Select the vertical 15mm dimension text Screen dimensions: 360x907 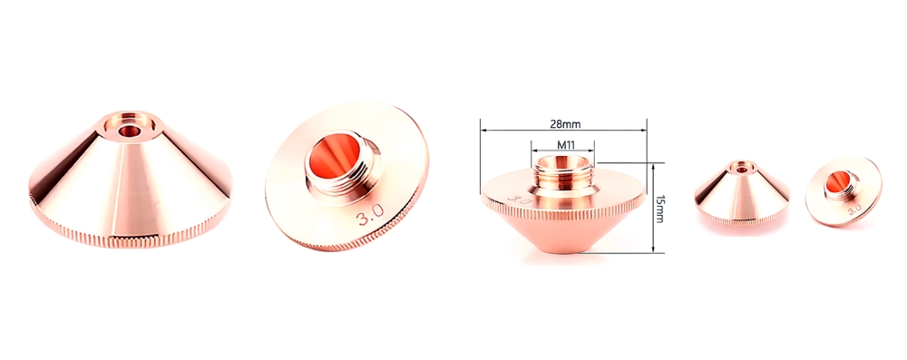(660, 208)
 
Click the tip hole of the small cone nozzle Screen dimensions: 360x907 (742, 169)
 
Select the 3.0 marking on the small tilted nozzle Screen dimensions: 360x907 (853, 208)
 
